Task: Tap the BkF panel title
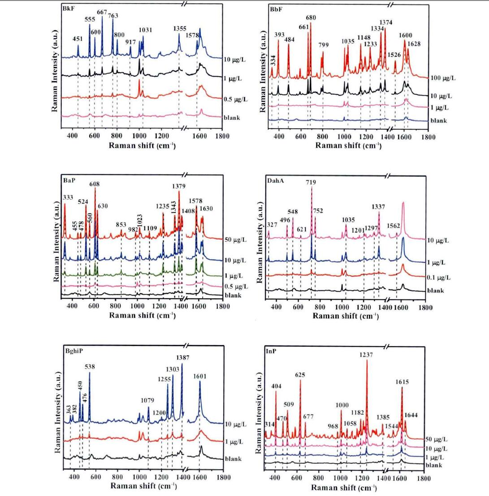[69, 8]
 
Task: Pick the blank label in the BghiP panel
[234, 459]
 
